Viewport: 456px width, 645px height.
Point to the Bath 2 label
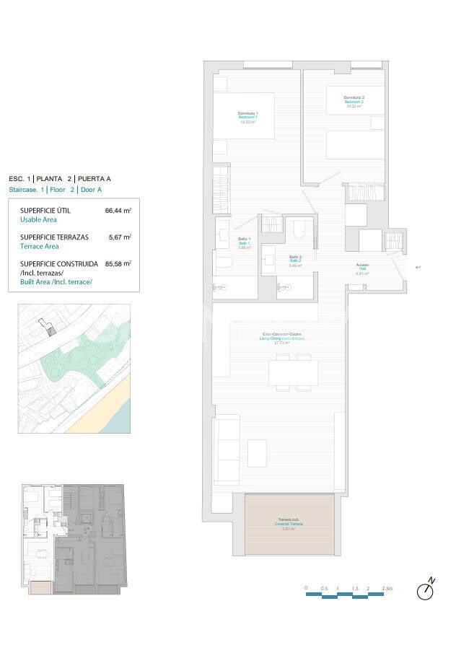295,261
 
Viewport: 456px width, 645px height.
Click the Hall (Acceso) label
362,269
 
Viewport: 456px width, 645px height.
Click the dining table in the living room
293,372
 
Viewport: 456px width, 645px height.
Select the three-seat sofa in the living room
226,449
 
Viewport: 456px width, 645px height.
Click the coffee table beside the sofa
258,453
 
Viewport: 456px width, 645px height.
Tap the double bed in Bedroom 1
244,115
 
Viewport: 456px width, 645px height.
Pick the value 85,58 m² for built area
118,263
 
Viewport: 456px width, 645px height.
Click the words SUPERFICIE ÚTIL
45,211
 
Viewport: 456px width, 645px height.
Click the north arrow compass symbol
426,590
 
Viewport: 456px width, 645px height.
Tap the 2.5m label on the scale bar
388,589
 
